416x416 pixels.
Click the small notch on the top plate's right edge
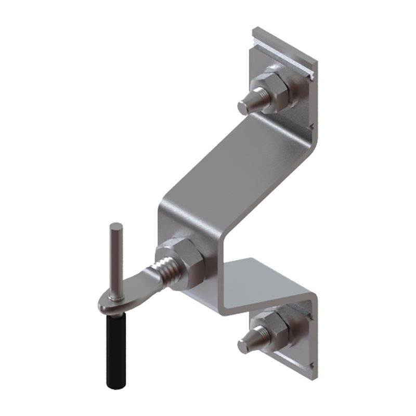(312, 125)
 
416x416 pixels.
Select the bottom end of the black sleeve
(115, 385)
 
